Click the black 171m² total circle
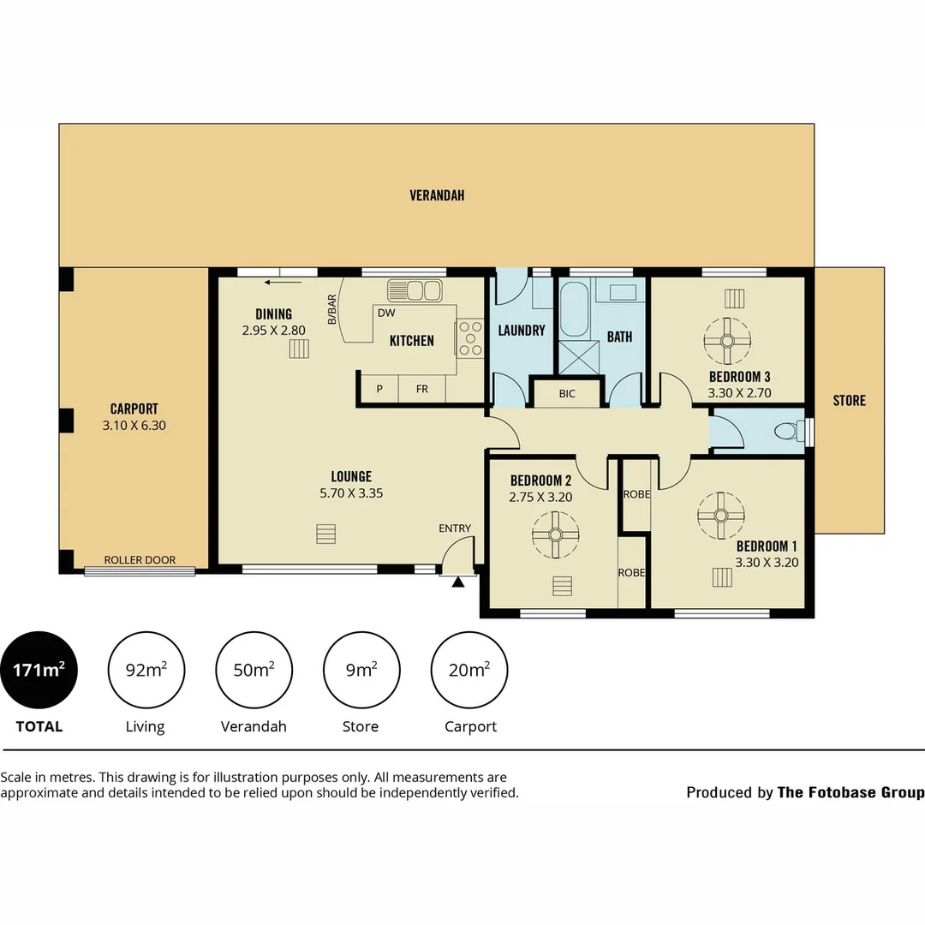(39, 670)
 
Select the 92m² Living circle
(146, 670)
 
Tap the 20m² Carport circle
(469, 670)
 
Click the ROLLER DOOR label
(140, 560)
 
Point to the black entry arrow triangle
(457, 582)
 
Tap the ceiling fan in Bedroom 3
(726, 340)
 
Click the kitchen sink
(415, 290)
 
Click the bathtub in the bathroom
(573, 310)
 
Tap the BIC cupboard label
(566, 394)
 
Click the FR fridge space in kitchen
(422, 389)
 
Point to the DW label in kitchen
(385, 313)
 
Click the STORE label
(849, 400)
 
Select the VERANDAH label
(437, 195)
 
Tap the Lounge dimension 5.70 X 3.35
(351, 493)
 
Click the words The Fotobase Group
(850, 792)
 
